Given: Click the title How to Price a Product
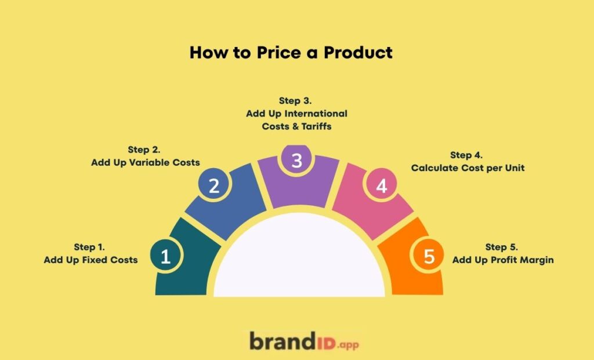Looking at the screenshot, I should click(x=291, y=53).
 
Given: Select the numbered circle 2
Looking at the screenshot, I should click(x=213, y=186).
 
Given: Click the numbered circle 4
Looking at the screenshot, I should click(x=381, y=186).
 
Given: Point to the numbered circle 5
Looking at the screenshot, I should click(x=429, y=256).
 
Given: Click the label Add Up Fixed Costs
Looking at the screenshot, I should click(x=90, y=260).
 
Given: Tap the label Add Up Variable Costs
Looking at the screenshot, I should click(x=146, y=163).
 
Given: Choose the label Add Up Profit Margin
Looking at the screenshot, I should click(x=503, y=260).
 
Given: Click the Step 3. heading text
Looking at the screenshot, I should click(x=296, y=100).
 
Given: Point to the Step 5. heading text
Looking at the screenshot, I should click(x=502, y=248).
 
